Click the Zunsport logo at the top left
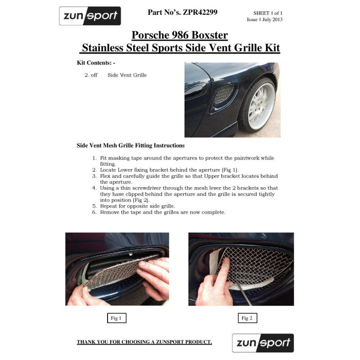pos(90,16)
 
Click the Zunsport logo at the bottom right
pos(263,343)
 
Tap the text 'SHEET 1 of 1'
pos(267,13)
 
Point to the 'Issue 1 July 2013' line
pos(264,20)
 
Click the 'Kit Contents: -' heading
pos(96,62)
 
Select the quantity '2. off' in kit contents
pos(91,75)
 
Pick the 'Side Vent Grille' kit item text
pos(127,75)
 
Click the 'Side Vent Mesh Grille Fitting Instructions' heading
pos(131,146)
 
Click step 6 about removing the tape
pos(162,212)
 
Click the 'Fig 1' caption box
pos(116,318)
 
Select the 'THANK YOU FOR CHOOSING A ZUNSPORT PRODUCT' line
pos(144,342)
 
